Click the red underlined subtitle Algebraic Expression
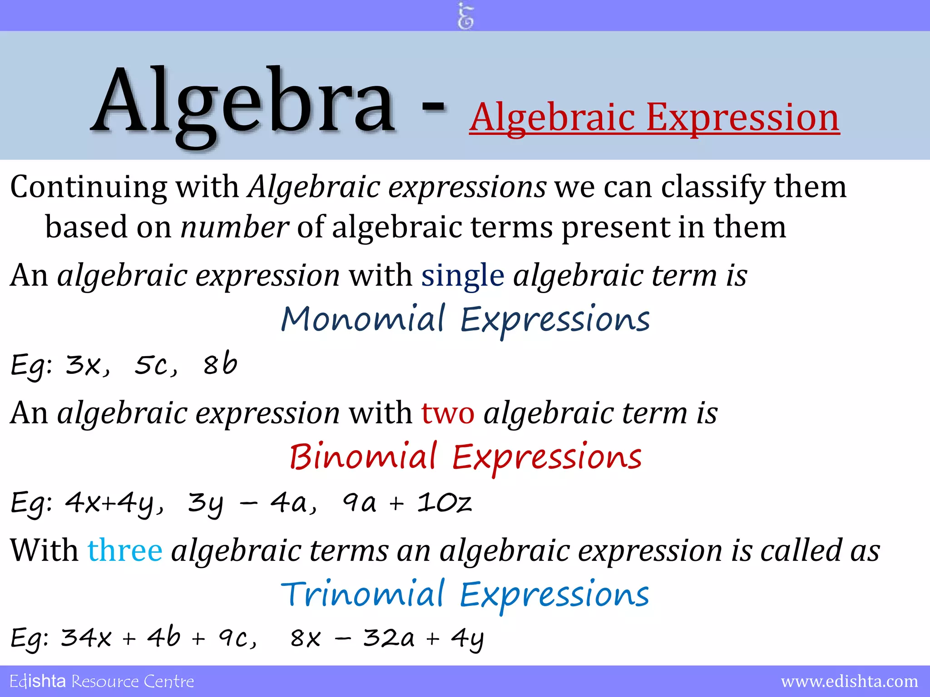click(x=654, y=118)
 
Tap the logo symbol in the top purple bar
click(x=465, y=16)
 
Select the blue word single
click(x=462, y=275)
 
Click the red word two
click(x=448, y=413)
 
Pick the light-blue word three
click(x=125, y=550)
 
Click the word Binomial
click(x=363, y=456)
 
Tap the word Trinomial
click(x=362, y=594)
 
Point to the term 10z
click(x=445, y=502)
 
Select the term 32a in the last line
click(x=389, y=638)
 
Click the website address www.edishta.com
click(x=849, y=682)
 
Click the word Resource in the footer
click(x=105, y=682)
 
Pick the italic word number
click(x=234, y=227)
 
